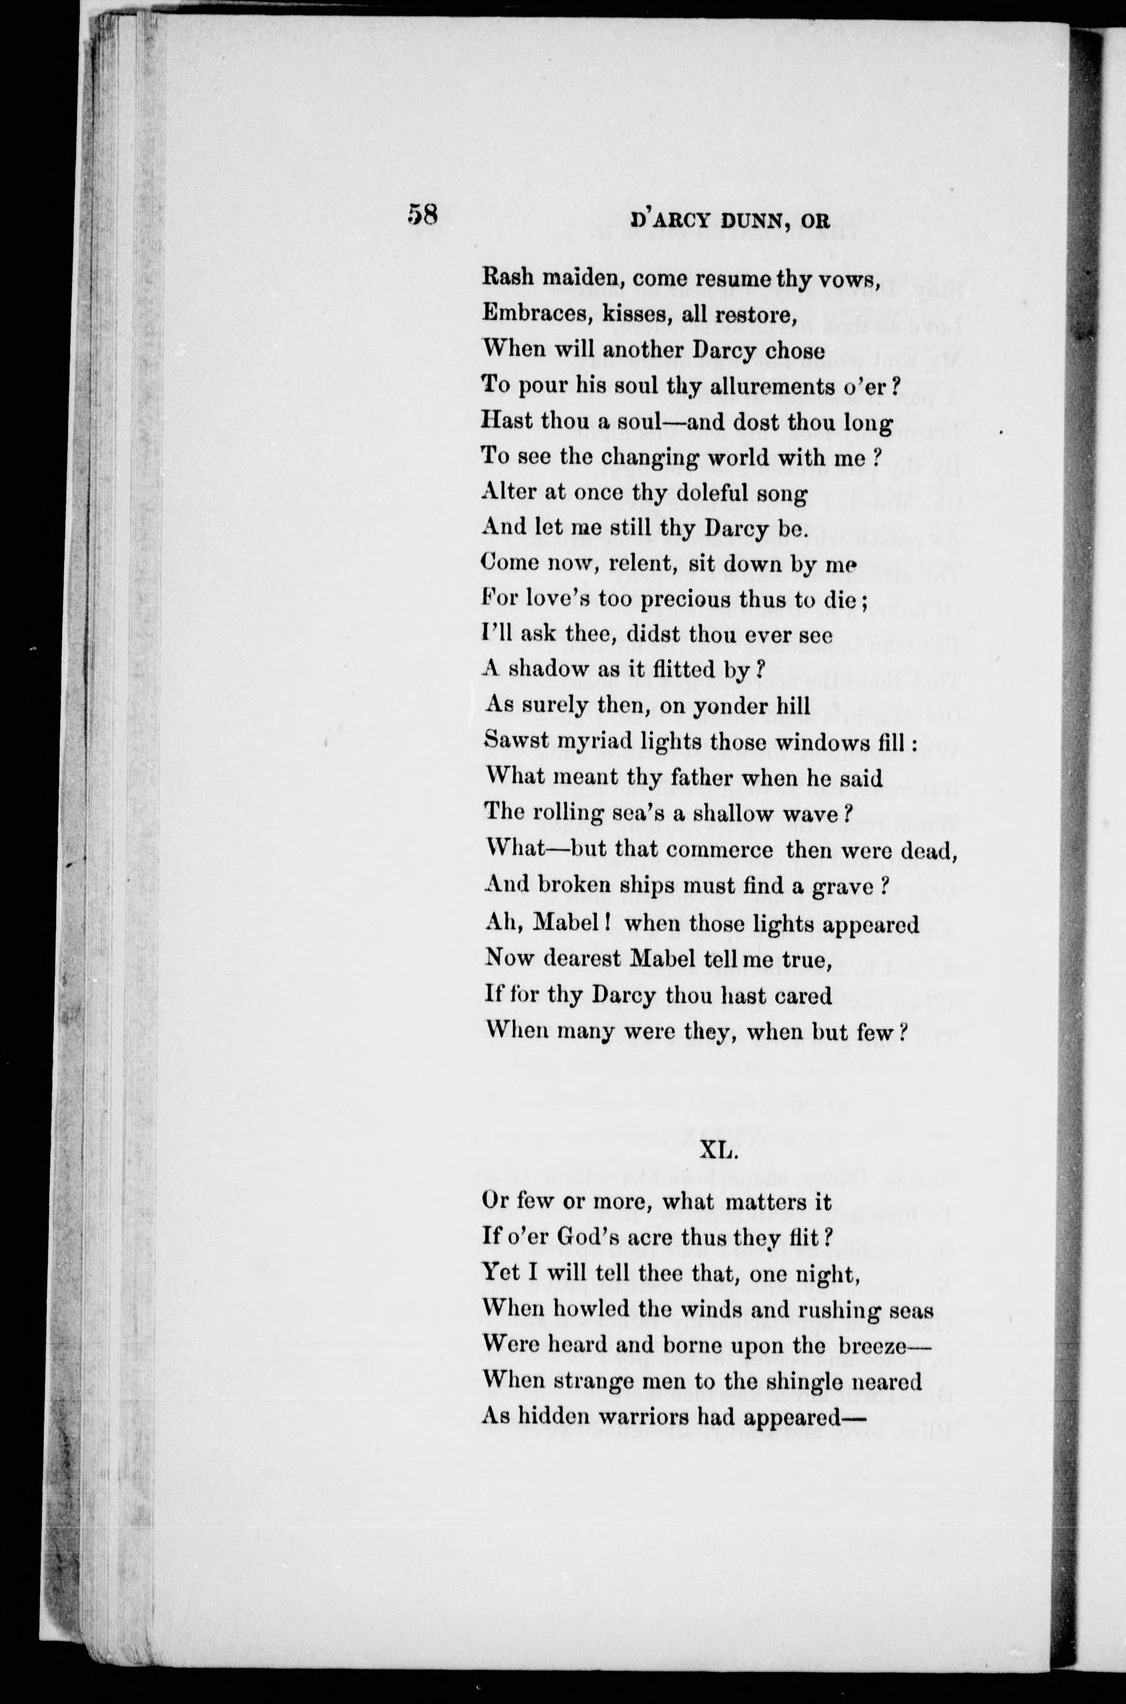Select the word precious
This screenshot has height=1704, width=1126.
655,599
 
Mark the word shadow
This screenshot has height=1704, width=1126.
549,669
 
